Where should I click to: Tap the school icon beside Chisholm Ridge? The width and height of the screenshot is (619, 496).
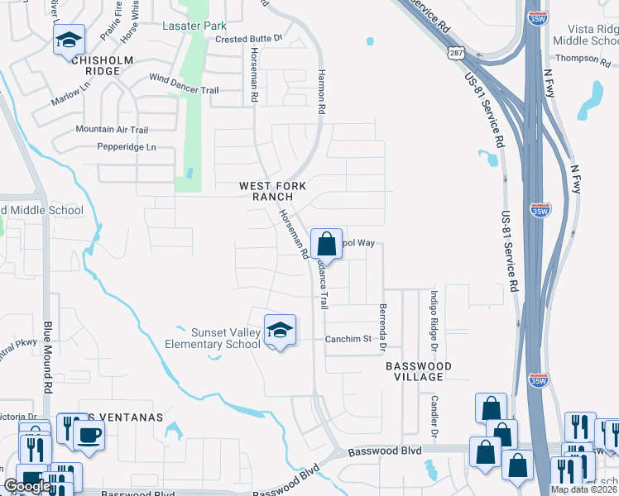point(70,41)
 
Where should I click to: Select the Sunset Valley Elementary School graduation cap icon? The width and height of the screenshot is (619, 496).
point(281,330)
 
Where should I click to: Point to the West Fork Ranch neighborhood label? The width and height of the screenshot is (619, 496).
point(266,192)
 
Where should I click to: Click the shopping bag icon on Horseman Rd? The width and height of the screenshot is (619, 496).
point(327,244)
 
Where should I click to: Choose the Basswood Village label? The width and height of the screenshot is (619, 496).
point(419,370)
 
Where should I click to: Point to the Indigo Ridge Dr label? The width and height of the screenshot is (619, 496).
point(433,320)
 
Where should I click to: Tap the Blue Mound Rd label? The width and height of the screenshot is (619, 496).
point(47,358)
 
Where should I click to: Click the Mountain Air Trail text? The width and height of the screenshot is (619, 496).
point(112,130)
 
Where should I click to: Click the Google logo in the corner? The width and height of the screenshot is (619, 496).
point(26,486)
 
